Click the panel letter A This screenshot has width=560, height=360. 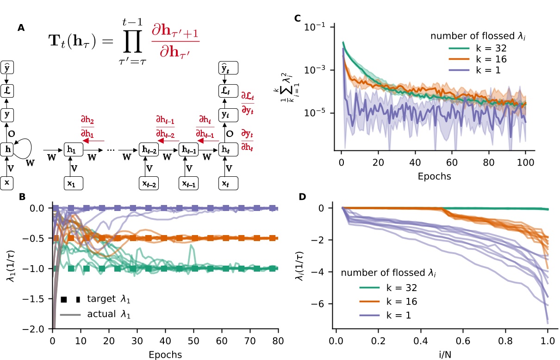21,29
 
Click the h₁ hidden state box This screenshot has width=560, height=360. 71,149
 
